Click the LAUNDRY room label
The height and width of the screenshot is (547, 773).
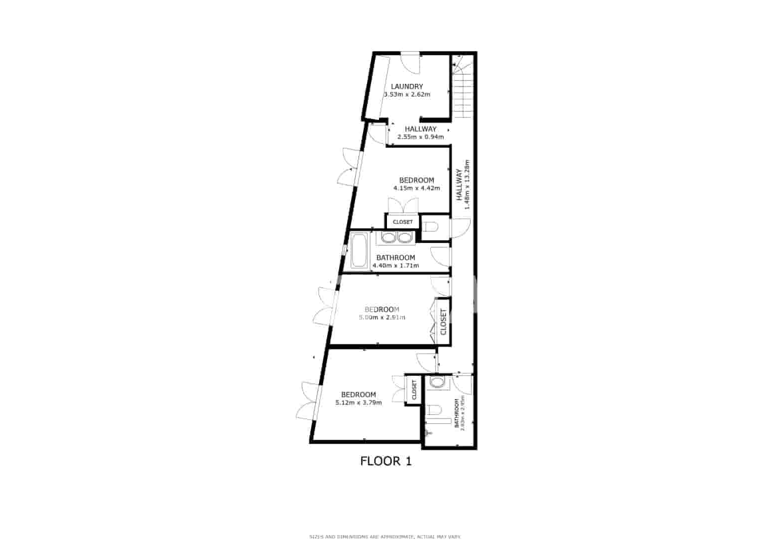coord(406,86)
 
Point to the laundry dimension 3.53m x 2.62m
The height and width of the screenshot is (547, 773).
coord(407,94)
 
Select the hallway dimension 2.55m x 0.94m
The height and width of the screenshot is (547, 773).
coord(420,137)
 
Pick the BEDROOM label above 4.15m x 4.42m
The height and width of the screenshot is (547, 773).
coord(416,180)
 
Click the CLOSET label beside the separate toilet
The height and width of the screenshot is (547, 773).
coord(402,222)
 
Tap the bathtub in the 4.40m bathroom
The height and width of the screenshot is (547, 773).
coord(359,250)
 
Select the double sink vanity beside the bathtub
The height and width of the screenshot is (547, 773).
coord(395,238)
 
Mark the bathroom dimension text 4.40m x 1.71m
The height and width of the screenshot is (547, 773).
coord(395,266)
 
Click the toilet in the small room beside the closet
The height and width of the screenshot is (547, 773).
coord(431,228)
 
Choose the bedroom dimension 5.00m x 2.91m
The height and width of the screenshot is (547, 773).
coord(382,317)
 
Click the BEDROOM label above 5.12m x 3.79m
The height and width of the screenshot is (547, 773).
coord(359,394)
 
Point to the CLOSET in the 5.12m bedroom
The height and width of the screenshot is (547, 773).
coord(413,390)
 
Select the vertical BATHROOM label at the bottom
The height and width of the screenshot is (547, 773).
coord(456,413)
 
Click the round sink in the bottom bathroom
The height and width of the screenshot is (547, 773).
coord(437,383)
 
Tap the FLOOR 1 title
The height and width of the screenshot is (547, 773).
coord(386,461)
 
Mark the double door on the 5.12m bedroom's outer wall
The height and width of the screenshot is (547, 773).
coord(310,401)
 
